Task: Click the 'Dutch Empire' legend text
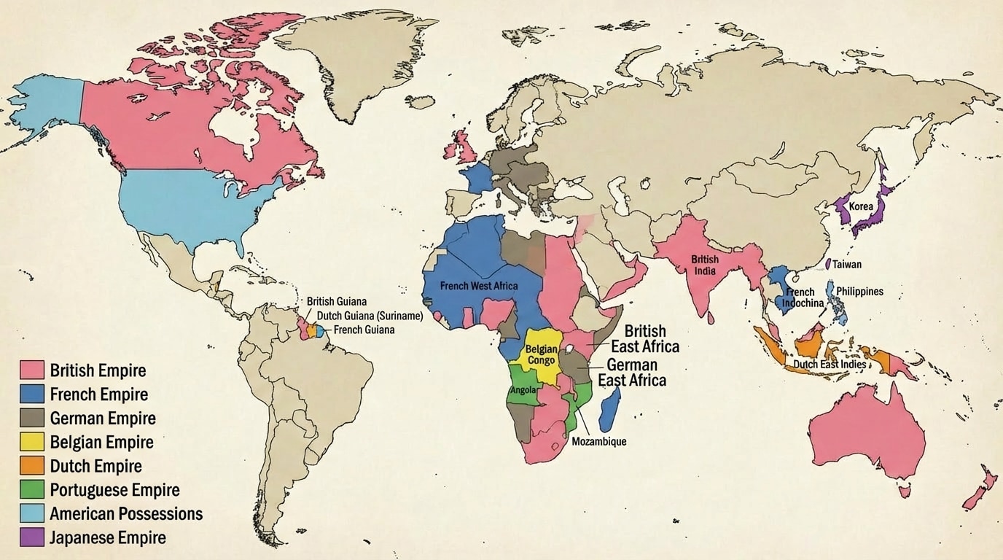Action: tap(95, 466)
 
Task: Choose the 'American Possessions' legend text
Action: tap(126, 513)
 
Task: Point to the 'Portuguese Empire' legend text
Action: tap(114, 490)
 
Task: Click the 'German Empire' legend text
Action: tap(103, 419)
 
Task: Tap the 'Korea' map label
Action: tap(861, 206)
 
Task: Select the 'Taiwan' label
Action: tap(847, 265)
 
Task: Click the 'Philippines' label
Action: tap(859, 291)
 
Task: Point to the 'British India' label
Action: tap(705, 265)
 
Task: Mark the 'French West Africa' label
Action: tap(479, 286)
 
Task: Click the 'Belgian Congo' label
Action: tap(541, 354)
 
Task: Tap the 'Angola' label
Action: tap(523, 390)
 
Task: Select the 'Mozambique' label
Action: tap(598, 441)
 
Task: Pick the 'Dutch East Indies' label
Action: tap(829, 364)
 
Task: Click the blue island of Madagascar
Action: tap(609, 410)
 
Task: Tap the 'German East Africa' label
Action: tap(631, 372)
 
